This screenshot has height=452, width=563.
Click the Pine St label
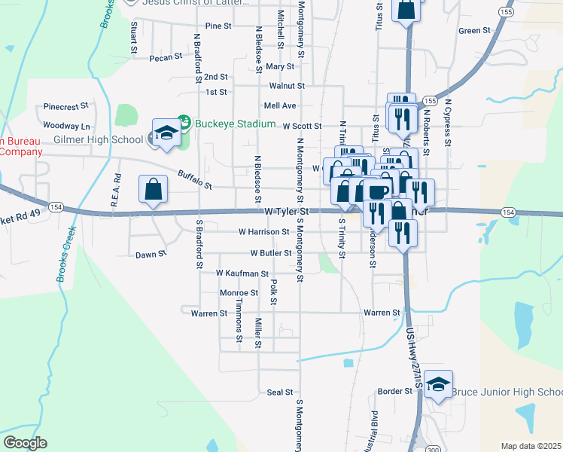point(218,26)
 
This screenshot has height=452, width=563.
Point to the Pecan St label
point(166,57)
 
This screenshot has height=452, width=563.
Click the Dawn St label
point(151,255)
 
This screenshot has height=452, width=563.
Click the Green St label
point(474,31)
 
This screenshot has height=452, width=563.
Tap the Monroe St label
point(239,293)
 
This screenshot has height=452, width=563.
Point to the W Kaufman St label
point(242,273)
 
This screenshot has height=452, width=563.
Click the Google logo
point(25,443)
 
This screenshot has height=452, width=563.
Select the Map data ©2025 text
point(531,446)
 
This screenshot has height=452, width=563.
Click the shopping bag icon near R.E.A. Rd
point(153,190)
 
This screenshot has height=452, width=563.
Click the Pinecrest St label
point(66,107)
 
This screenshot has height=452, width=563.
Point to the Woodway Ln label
point(66,126)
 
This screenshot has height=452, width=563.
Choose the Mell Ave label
point(279,105)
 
